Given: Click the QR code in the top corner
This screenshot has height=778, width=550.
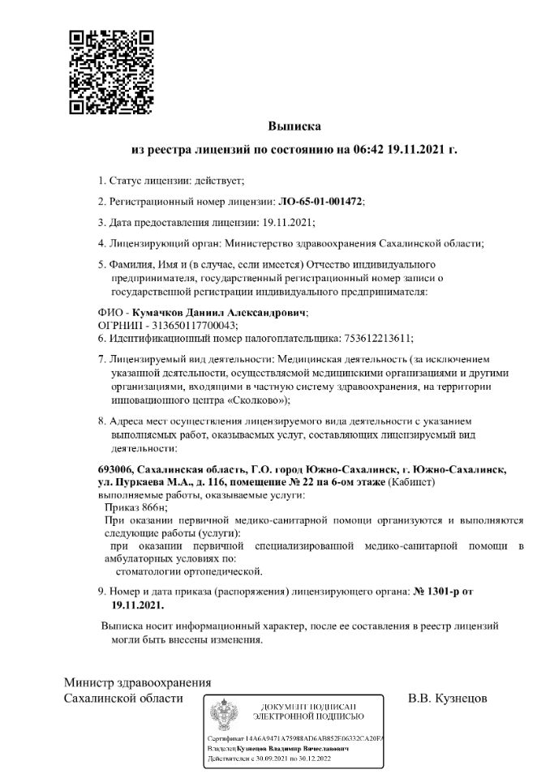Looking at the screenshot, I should click(111, 72).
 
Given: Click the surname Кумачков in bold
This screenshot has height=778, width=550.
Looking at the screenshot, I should click(174, 312).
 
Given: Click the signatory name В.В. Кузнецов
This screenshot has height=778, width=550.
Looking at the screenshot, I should click(449, 698).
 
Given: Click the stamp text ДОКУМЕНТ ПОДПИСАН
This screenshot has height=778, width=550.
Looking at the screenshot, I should click(307, 707).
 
